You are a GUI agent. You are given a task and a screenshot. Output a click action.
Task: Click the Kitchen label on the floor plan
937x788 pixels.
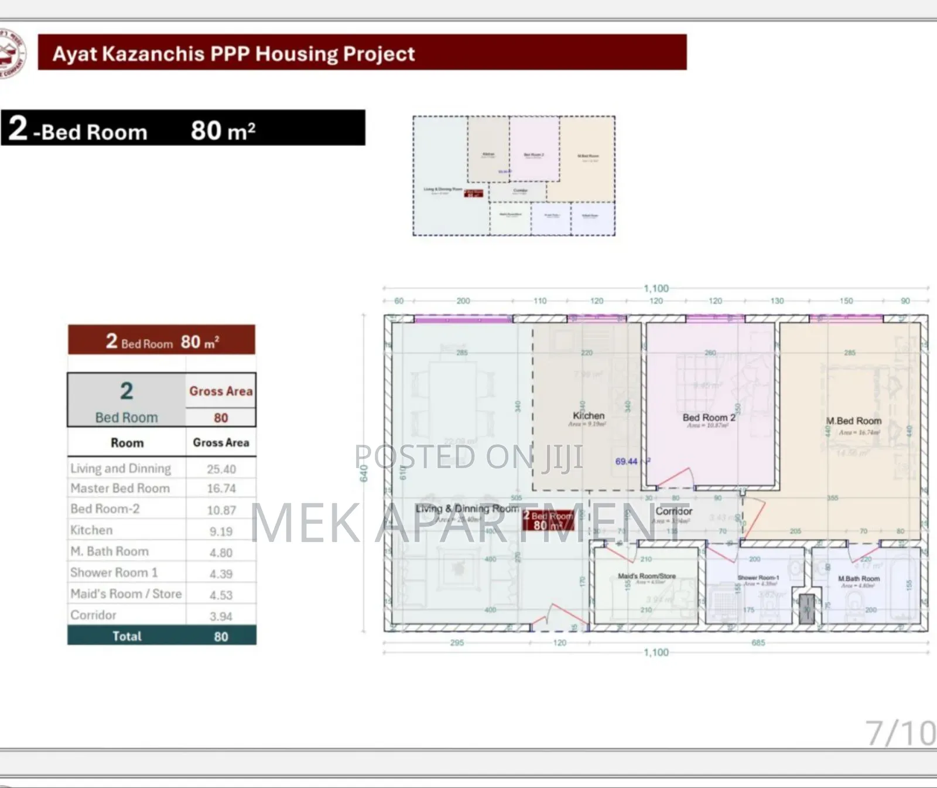point(589,415)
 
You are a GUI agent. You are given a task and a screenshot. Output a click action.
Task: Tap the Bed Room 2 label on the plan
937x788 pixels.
point(709,418)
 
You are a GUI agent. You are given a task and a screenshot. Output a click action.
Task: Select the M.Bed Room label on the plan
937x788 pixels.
point(853,421)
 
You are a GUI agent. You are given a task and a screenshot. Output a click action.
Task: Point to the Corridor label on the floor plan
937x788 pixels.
point(673,511)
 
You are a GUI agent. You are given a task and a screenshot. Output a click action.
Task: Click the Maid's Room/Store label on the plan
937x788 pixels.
point(647,576)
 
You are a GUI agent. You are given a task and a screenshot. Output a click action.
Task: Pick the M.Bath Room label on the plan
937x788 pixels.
point(859,578)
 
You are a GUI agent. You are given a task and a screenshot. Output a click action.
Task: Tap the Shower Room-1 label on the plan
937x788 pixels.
point(758,577)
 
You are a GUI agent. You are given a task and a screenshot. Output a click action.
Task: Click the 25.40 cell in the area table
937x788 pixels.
point(221,469)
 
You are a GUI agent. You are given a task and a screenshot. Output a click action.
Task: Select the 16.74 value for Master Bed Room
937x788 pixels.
point(221,489)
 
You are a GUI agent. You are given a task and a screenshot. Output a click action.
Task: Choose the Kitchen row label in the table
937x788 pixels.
point(91,530)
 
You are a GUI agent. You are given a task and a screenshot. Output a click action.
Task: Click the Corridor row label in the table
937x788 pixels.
point(94,615)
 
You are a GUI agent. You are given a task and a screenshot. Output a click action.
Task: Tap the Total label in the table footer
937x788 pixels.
point(127,636)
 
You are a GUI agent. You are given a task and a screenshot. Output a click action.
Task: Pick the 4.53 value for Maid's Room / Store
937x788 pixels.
point(221,595)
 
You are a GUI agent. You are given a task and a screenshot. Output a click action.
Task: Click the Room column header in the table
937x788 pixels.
point(127,443)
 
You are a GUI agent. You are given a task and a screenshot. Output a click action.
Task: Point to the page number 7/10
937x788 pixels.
point(900,733)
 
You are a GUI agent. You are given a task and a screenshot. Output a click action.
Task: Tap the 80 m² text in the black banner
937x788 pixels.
point(223,131)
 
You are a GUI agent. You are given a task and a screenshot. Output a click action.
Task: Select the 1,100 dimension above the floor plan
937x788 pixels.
point(656,288)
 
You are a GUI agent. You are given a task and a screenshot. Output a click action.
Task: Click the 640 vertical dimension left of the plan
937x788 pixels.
point(364,473)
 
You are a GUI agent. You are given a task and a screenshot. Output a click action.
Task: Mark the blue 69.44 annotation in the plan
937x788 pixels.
point(626,462)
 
